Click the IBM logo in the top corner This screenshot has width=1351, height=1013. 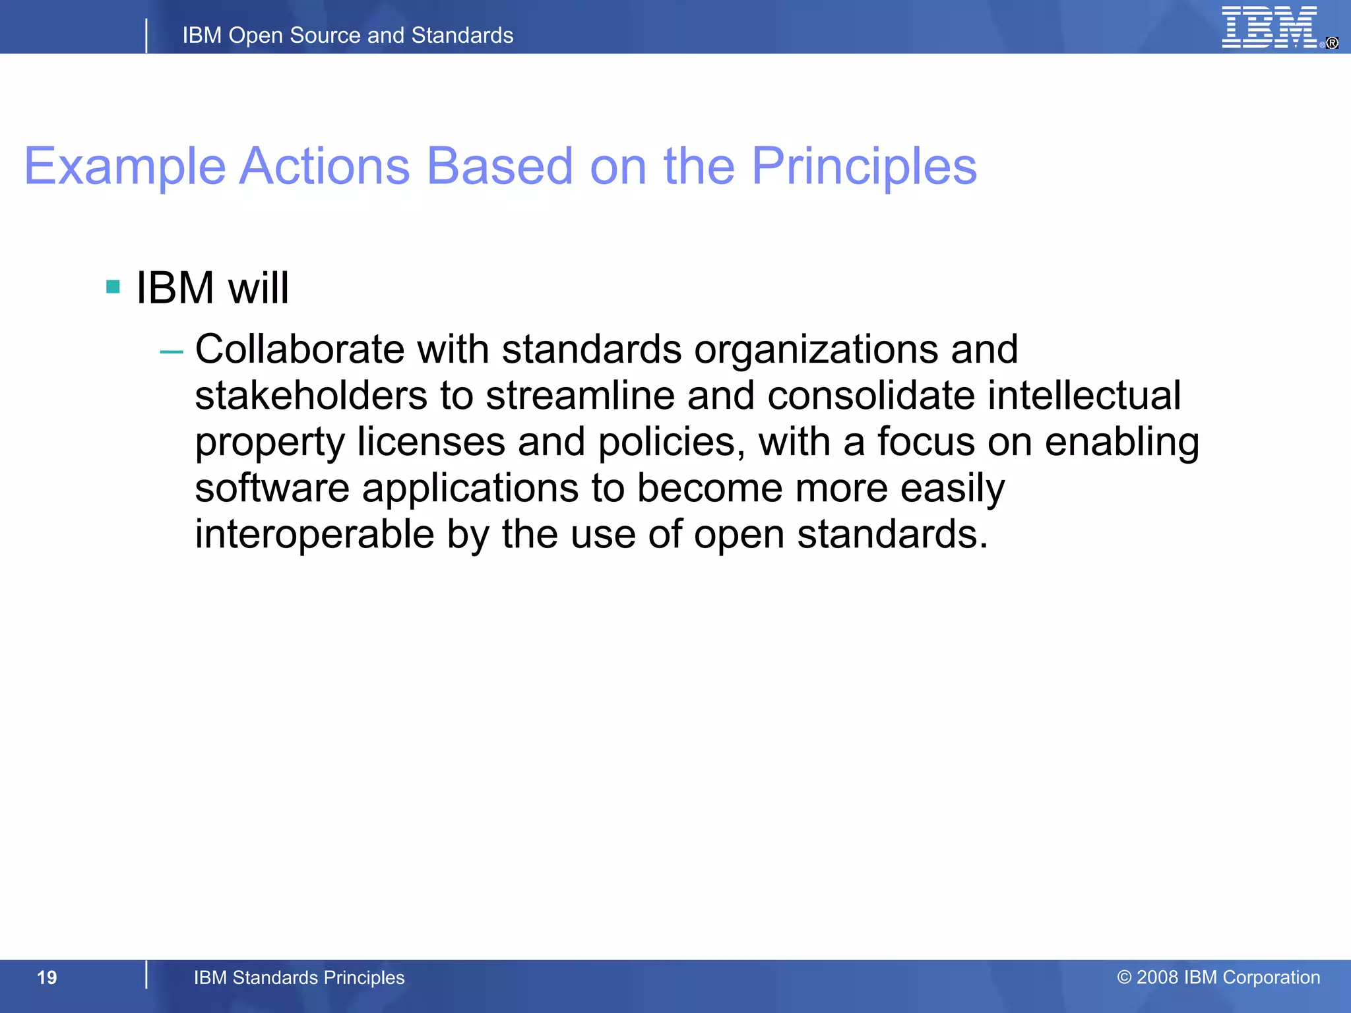(1269, 28)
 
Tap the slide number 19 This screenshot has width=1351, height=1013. (47, 977)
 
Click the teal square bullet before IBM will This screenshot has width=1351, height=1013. (113, 287)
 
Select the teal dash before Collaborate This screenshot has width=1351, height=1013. (172, 352)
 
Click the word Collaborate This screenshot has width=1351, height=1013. (299, 349)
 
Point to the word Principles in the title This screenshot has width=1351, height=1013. (864, 166)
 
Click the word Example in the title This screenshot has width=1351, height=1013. (125, 166)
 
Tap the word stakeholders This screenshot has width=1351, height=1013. (311, 396)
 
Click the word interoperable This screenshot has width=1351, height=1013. (314, 534)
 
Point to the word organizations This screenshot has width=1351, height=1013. (816, 349)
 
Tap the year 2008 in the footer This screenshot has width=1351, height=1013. (1158, 977)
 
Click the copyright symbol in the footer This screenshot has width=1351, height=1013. (1124, 977)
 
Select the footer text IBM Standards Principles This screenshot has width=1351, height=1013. (299, 977)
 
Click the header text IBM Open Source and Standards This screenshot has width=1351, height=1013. (348, 35)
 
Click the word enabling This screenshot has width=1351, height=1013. (1121, 442)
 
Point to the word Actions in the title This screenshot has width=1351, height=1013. (325, 166)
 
